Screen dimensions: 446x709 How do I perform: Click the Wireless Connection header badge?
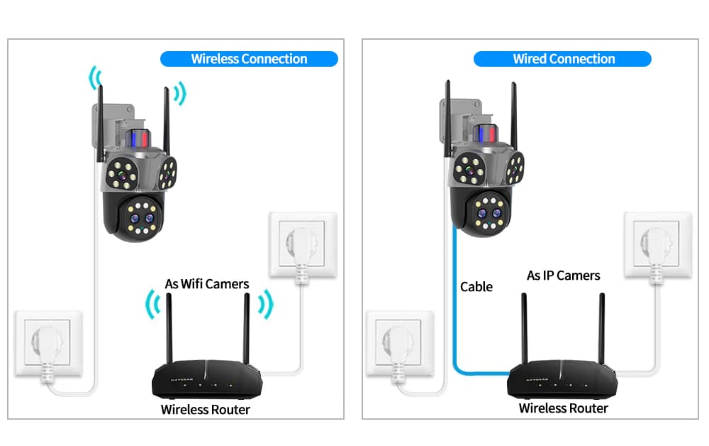[249, 59]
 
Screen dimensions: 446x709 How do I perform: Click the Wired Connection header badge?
[563, 59]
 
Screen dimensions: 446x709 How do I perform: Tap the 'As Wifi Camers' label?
[207, 284]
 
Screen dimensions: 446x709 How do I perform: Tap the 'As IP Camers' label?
[563, 276]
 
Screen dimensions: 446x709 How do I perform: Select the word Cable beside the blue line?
[476, 287]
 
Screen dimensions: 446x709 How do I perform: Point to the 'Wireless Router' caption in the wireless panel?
[205, 409]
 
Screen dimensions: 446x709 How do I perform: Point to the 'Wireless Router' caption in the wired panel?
[563, 408]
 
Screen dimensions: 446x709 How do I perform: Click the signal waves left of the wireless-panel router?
[150, 305]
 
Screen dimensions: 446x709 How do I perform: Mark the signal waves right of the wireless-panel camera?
[180, 92]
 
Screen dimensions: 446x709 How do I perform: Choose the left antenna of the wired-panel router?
[525, 327]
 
